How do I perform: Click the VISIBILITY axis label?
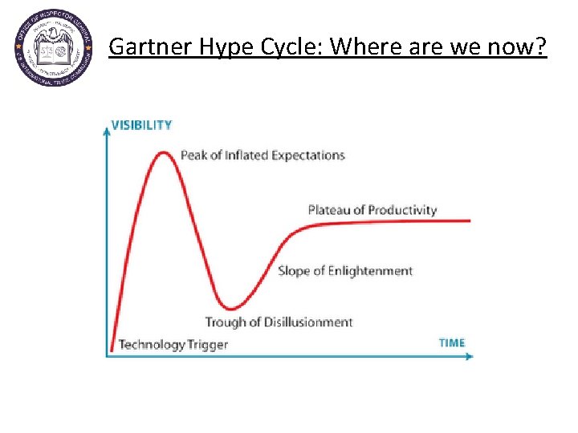click(141, 125)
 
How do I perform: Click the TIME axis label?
click(451, 342)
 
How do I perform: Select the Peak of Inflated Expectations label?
click(263, 155)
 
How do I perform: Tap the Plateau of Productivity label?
click(372, 210)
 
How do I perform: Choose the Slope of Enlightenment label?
click(345, 271)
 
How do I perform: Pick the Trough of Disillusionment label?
click(279, 322)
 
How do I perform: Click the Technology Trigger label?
click(173, 345)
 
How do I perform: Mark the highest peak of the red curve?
click(165, 152)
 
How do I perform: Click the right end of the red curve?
click(470, 221)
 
